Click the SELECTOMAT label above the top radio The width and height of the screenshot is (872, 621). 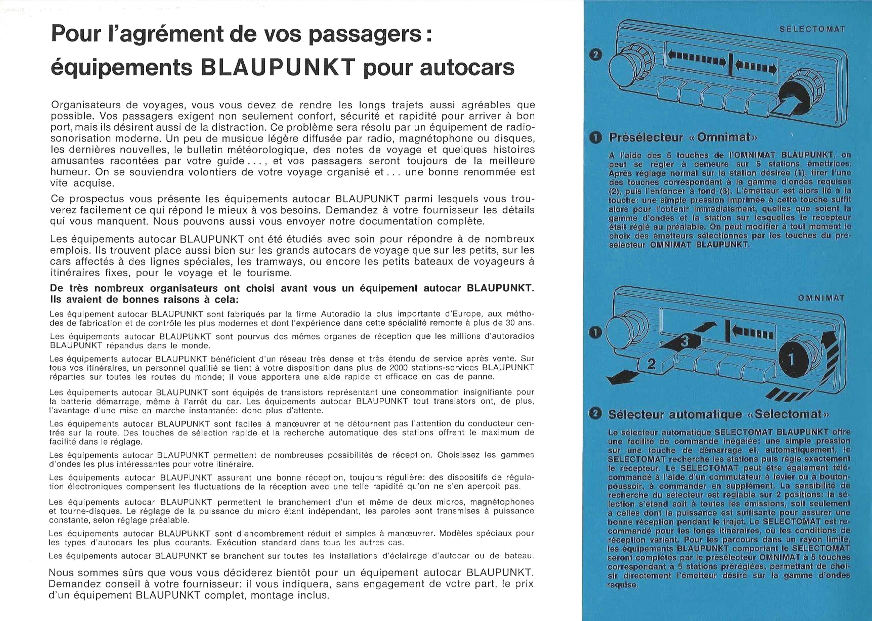click(x=812, y=29)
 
